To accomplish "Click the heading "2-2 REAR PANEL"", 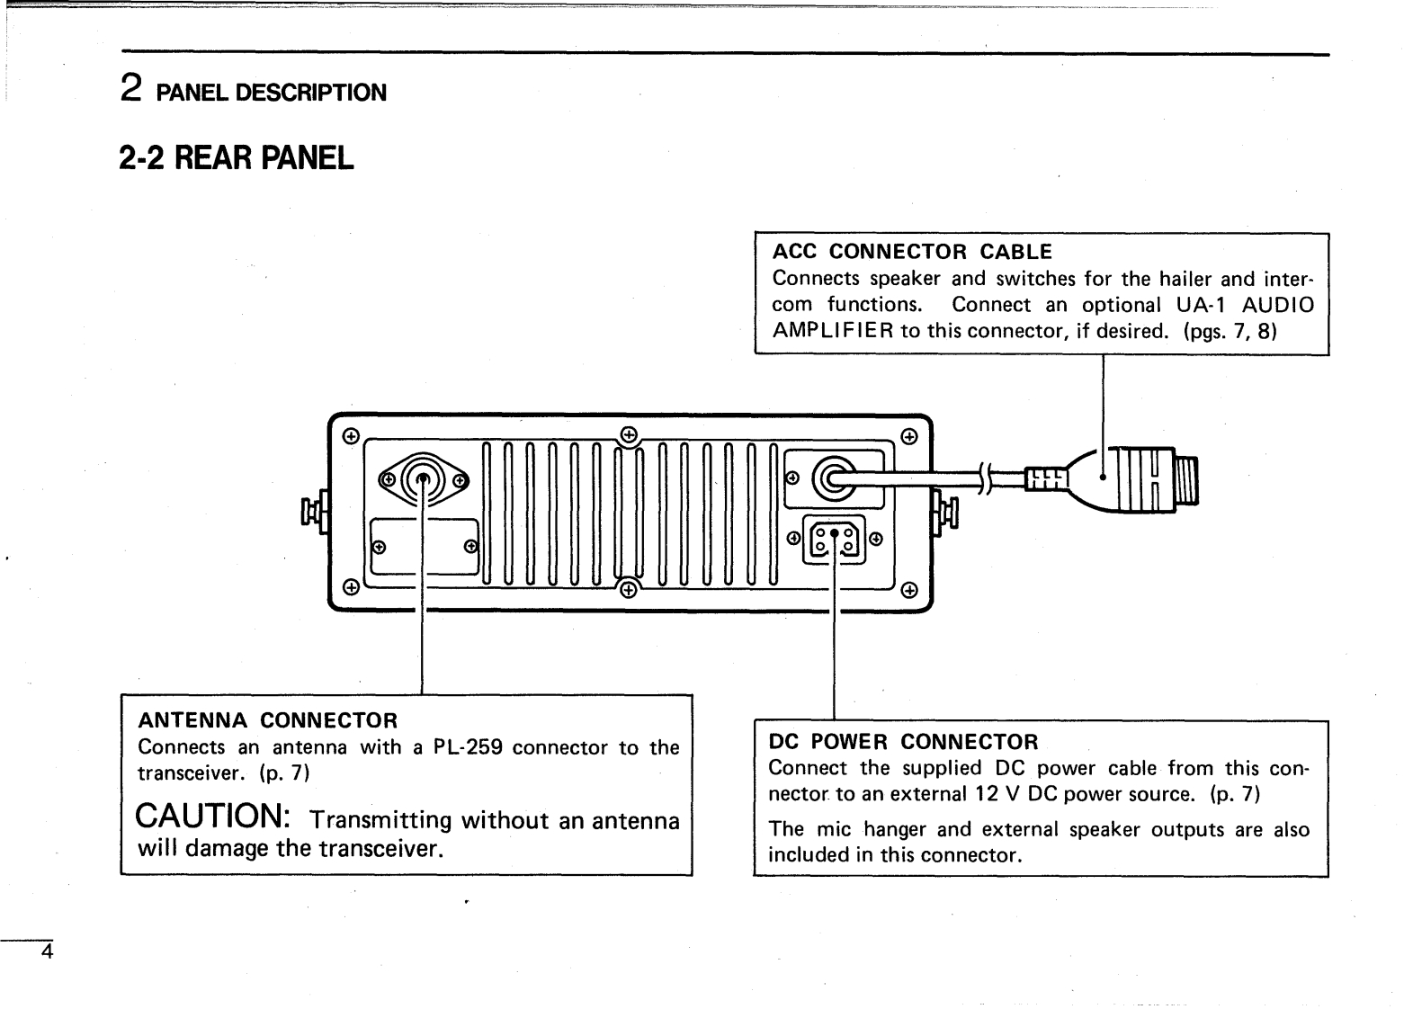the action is [x=237, y=158].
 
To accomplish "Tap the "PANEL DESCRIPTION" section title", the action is [x=271, y=93].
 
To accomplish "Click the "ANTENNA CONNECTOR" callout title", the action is [x=266, y=720].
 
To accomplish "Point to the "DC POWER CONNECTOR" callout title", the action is [x=903, y=742].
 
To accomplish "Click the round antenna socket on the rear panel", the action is [x=422, y=480].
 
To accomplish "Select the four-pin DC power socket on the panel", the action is [x=835, y=540].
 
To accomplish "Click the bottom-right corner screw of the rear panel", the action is [x=909, y=591].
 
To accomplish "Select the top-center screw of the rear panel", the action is [x=630, y=435].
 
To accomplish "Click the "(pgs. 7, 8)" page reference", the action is [x=1230, y=331].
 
